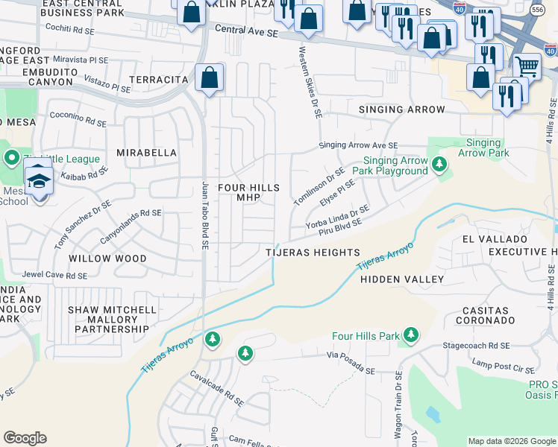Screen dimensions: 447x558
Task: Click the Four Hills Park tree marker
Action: pyautogui.click(x=410, y=336)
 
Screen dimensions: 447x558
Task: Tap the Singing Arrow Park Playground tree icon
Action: pyautogui.click(x=440, y=164)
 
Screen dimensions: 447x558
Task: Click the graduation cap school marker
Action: pyautogui.click(x=38, y=180)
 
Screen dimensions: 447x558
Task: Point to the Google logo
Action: pyautogui.click(x=25, y=438)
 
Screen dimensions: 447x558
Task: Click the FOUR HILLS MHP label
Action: pyautogui.click(x=248, y=192)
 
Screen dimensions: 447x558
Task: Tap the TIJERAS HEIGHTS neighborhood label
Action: pyautogui.click(x=313, y=253)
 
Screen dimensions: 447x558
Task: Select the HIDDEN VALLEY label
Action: pyautogui.click(x=402, y=279)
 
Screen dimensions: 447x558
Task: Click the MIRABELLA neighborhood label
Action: pyautogui.click(x=147, y=153)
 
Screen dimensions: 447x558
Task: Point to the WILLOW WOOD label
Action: pyautogui.click(x=107, y=259)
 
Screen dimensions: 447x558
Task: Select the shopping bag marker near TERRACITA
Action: pyautogui.click(x=210, y=77)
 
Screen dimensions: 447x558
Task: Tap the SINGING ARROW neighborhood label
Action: pyautogui.click(x=402, y=110)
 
